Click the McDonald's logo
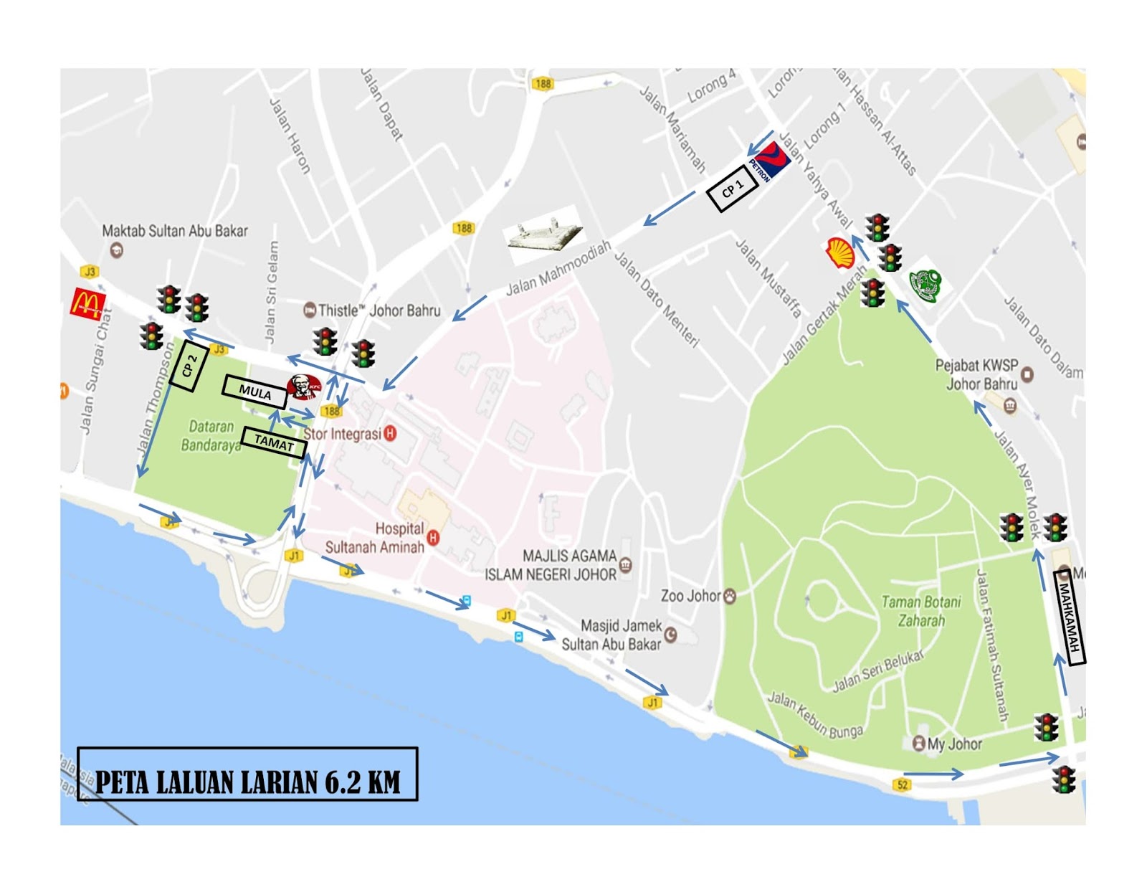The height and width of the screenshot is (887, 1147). coord(87,304)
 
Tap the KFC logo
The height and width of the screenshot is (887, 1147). coord(304,387)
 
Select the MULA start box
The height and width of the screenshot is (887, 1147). coord(254,392)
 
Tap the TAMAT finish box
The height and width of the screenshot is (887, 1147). coord(274,442)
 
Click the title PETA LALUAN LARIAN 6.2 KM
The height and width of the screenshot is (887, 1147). coord(247,781)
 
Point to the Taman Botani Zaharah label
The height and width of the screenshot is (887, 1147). coord(921,611)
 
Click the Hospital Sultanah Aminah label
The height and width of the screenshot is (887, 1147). coord(374,538)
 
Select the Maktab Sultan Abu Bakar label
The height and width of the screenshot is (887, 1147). coord(174,231)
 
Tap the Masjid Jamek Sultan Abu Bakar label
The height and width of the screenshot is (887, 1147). coord(611,635)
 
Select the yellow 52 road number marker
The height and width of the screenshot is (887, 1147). coord(902,784)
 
